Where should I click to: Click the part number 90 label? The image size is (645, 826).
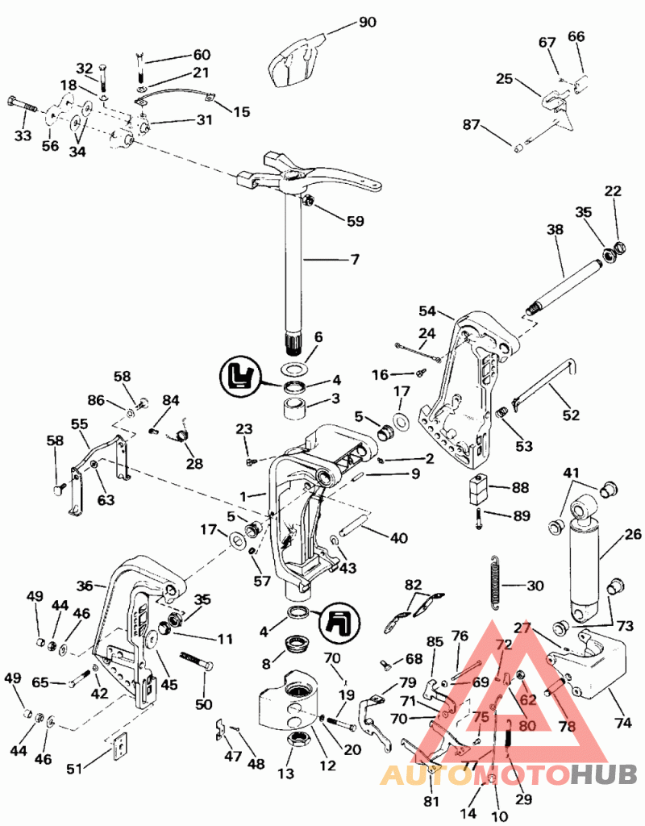[x=367, y=22]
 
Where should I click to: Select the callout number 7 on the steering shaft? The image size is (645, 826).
[x=355, y=260]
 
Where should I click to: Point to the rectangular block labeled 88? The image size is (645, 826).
[x=478, y=489]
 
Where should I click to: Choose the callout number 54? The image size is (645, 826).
[x=427, y=311]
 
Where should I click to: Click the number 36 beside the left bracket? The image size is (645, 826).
[x=85, y=586]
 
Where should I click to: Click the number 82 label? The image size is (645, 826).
[x=413, y=584]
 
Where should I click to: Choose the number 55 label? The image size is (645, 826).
[x=79, y=423]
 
